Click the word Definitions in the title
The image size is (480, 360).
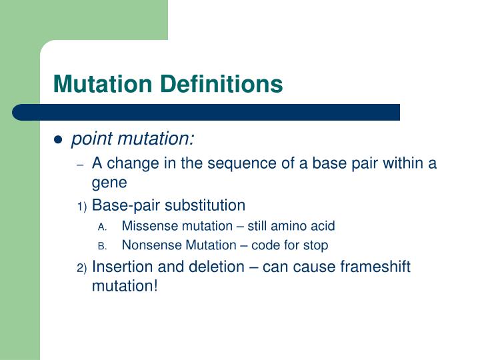coord(221,84)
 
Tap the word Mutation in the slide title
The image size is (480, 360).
coord(103,84)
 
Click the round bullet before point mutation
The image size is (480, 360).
coord(58,140)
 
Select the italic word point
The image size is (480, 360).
coord(91,139)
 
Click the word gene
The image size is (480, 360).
coord(109,182)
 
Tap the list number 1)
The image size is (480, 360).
coord(81,206)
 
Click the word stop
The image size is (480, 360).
coord(315,245)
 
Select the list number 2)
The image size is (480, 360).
coord(81,268)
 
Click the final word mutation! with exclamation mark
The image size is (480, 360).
coord(125,286)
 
